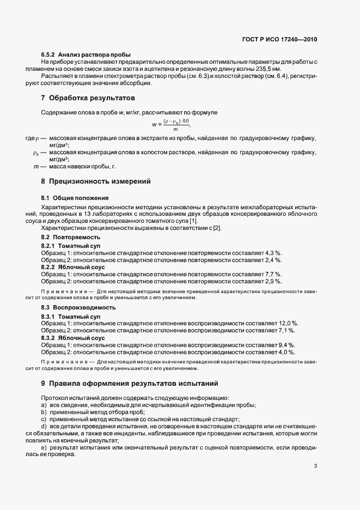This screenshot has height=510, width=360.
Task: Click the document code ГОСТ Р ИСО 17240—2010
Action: [x=279, y=40]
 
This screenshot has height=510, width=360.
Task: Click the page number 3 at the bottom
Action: [x=316, y=466]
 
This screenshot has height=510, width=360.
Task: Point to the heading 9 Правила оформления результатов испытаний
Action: [x=129, y=383]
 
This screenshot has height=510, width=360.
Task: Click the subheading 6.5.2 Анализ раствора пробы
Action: [x=86, y=56]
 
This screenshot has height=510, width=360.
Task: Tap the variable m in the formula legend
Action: [x=36, y=166]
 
